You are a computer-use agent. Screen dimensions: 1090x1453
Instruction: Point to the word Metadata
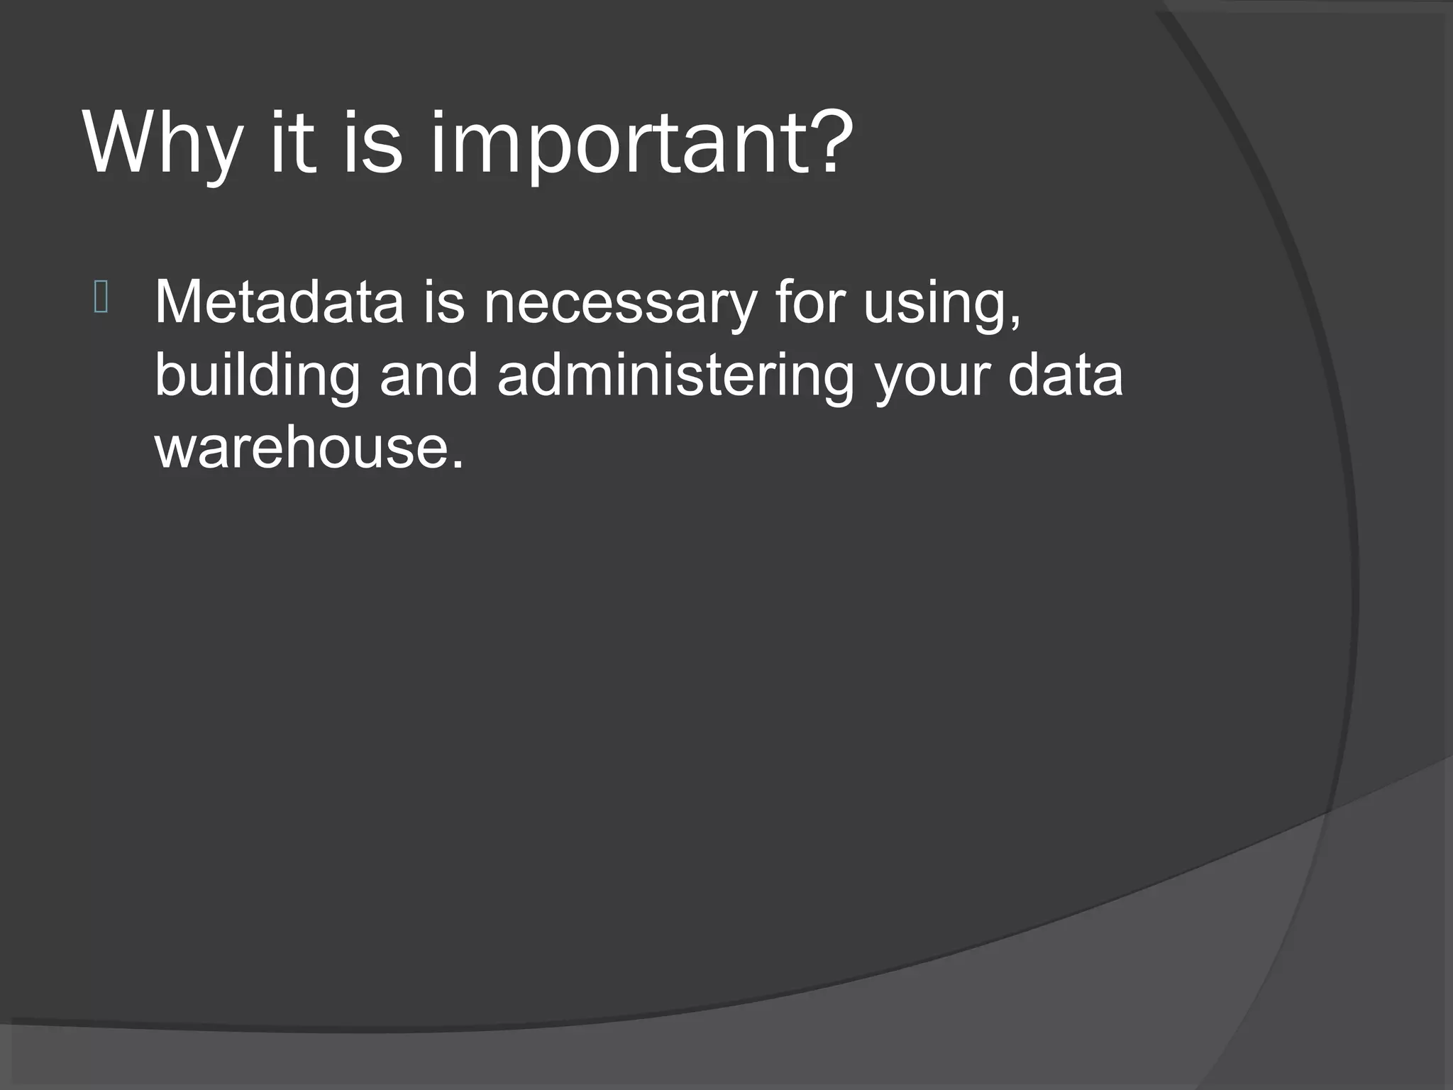coord(279,302)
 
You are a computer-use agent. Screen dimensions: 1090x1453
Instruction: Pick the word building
coord(258,378)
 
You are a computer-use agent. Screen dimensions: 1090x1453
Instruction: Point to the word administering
coord(675,378)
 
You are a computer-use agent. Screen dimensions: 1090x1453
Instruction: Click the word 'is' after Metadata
coord(444,302)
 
